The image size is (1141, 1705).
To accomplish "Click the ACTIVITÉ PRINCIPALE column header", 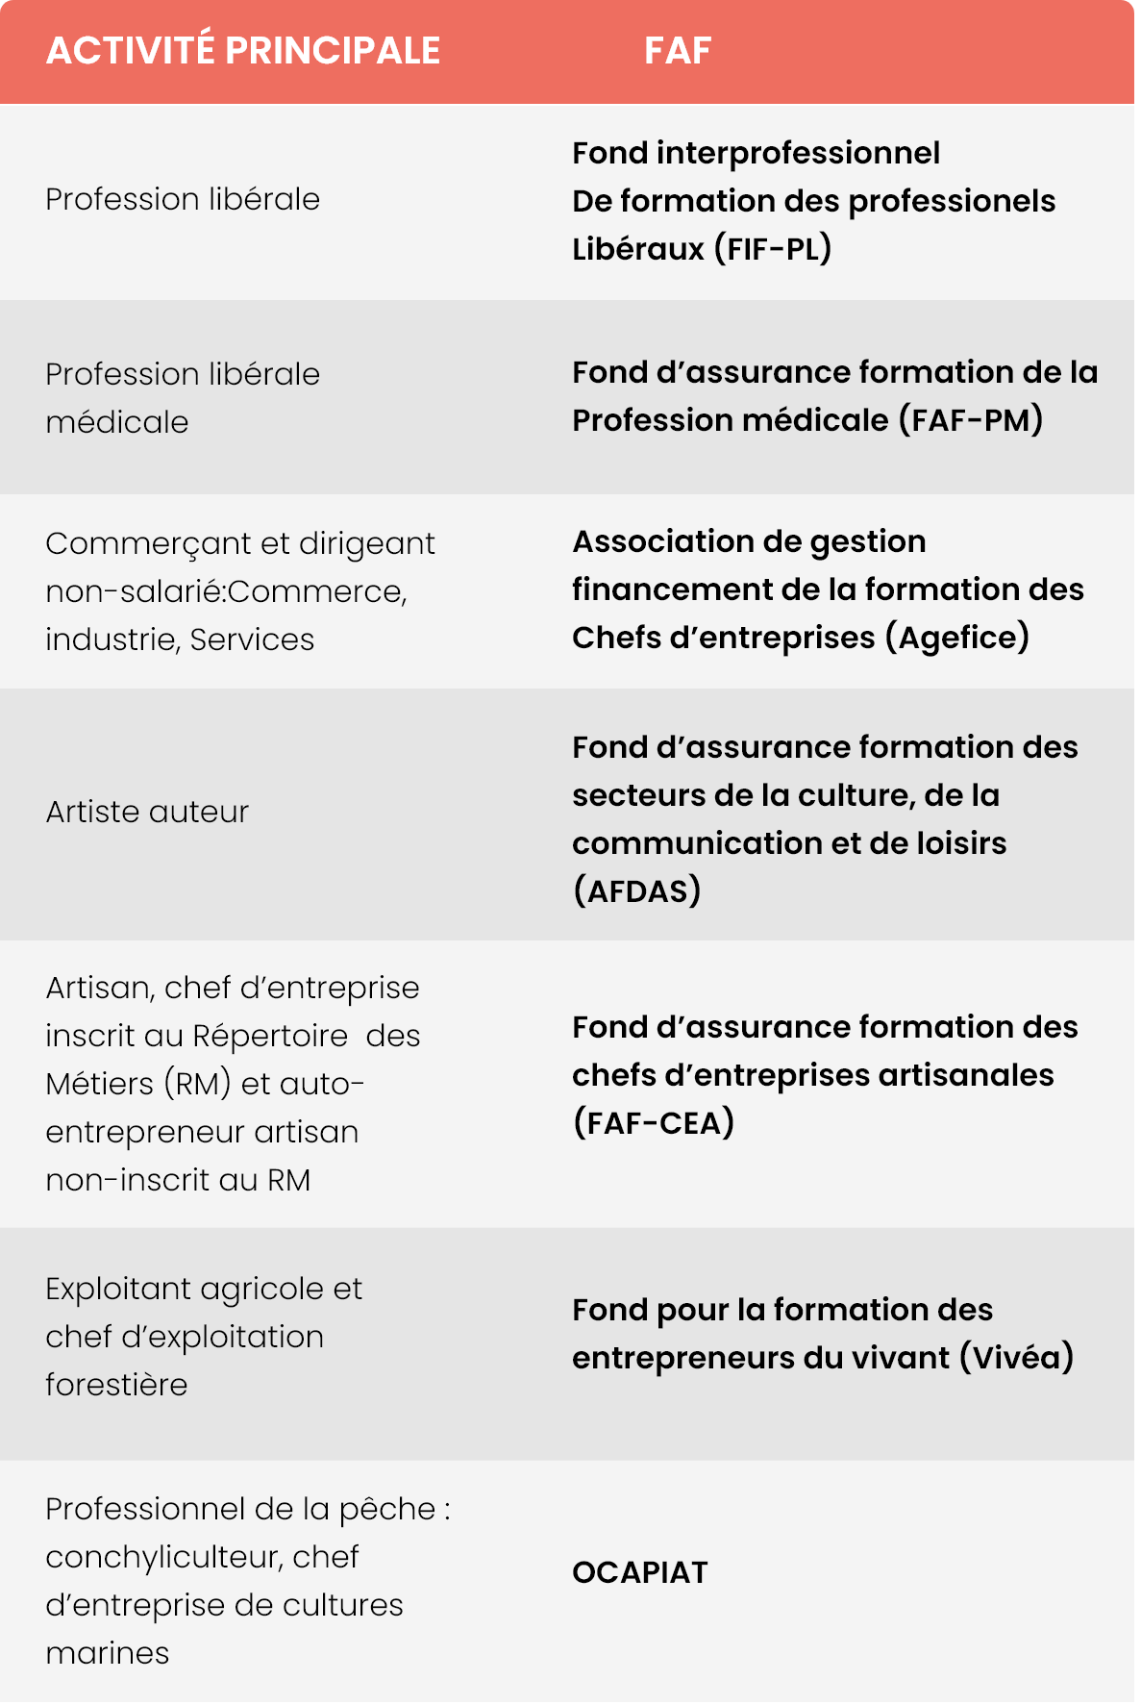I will tap(243, 51).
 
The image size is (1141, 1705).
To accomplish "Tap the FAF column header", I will tap(678, 51).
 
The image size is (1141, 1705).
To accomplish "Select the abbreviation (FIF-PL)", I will tap(773, 249).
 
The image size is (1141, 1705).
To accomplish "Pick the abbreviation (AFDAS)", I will tap(637, 891).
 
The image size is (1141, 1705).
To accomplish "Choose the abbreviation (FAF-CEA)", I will tap(654, 1122).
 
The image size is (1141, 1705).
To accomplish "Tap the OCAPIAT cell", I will tap(640, 1572).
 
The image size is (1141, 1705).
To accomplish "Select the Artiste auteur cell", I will tap(147, 812).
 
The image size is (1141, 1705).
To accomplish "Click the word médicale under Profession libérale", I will tap(117, 422).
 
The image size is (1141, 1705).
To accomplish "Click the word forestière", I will tap(116, 1385).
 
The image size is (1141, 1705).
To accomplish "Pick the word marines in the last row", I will tap(108, 1653).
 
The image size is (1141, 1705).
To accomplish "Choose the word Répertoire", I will tap(270, 1036).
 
